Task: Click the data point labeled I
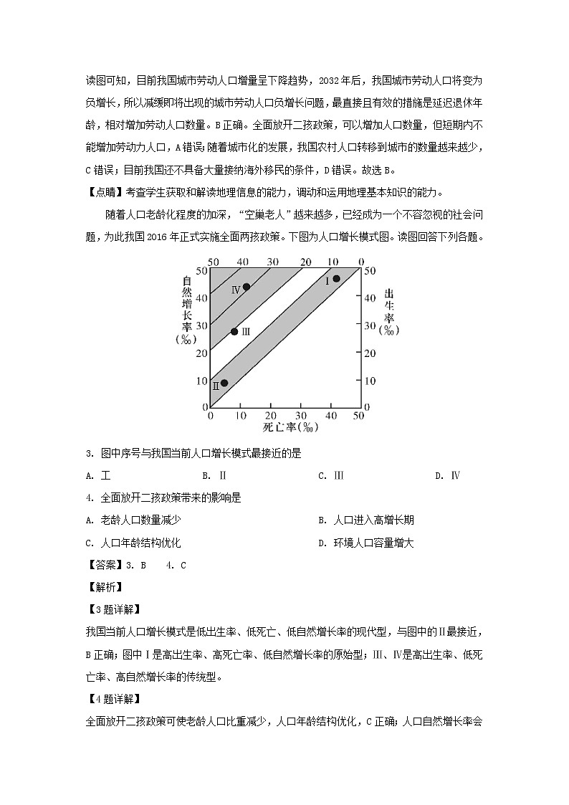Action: [336, 279]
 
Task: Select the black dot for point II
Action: [224, 383]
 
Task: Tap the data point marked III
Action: [234, 331]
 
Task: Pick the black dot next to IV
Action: [246, 287]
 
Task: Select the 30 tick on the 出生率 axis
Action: [370, 325]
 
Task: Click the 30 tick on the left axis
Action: [201, 325]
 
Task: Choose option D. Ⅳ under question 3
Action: [448, 475]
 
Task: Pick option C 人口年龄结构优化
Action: [133, 543]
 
